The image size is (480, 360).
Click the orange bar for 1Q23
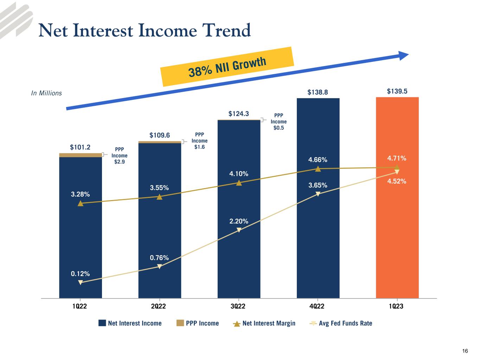397,232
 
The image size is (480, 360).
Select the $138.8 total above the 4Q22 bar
318,92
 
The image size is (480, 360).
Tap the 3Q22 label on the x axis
238,306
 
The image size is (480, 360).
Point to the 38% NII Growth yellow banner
227,66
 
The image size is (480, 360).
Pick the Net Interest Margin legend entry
264,323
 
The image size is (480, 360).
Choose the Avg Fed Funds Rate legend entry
341,323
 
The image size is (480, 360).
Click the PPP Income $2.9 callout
120,155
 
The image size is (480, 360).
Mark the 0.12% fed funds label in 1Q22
80,274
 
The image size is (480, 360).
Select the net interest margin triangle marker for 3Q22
239,182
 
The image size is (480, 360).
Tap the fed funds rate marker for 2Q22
159,266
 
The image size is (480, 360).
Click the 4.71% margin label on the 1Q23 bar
397,158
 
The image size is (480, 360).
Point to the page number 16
465,351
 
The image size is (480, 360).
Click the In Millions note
46,93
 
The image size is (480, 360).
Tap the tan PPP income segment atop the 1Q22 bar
81,155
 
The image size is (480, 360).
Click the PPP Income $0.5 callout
279,121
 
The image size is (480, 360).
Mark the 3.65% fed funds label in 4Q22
318,185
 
